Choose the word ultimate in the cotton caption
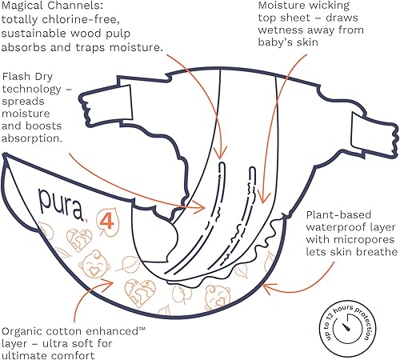coord(29,355)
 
